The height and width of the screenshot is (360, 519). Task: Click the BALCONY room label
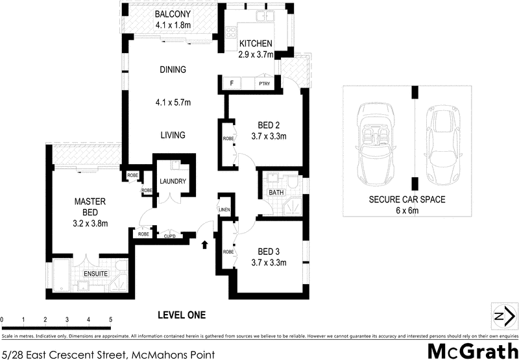click(171, 15)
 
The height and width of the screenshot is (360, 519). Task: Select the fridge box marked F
click(232, 84)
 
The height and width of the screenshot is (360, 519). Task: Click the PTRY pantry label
click(264, 84)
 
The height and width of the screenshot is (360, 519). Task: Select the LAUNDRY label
click(173, 182)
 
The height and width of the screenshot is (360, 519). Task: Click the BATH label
click(275, 193)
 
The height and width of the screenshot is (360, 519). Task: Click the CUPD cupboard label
click(170, 235)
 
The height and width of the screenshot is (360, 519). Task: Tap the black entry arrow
click(205, 245)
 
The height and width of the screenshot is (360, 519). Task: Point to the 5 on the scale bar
click(111, 320)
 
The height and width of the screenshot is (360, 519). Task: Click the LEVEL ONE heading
click(182, 315)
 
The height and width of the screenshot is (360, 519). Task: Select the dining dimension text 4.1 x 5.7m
click(171, 102)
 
